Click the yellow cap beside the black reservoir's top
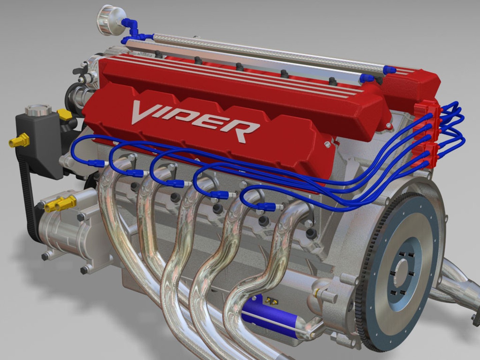point(65,115)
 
